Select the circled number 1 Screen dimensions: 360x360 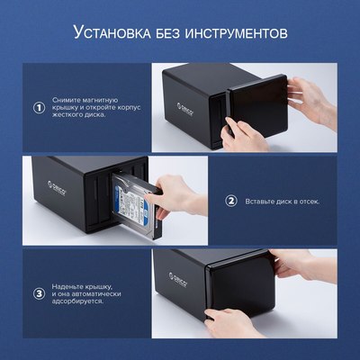[39, 107]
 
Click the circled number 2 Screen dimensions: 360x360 [230, 201]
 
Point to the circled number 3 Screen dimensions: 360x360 [39, 294]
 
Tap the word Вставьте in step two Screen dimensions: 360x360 [263, 201]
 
